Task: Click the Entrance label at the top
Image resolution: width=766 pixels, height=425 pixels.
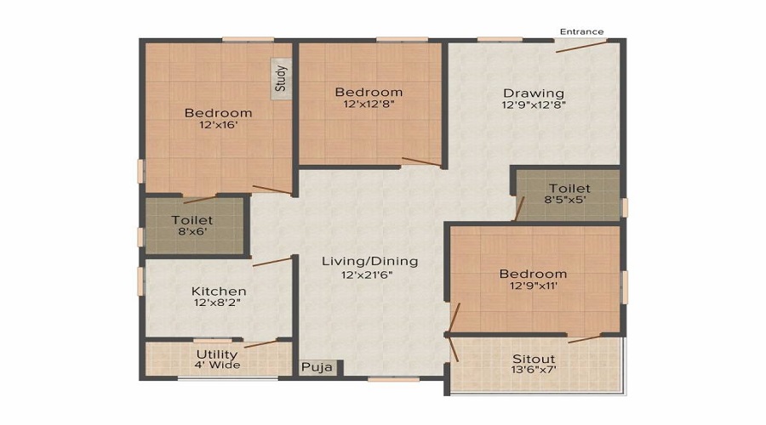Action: tap(581, 31)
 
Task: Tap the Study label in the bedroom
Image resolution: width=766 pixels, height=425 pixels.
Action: tap(281, 79)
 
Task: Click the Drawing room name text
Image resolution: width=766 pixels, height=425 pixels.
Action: tap(533, 93)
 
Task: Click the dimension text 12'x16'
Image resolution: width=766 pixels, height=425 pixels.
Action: tap(218, 126)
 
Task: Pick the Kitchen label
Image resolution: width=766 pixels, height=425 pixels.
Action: tap(218, 290)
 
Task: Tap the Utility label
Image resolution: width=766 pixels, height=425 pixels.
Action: tap(217, 354)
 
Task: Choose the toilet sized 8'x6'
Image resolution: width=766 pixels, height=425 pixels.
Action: tap(191, 225)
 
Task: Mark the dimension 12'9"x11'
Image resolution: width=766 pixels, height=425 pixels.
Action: tap(533, 286)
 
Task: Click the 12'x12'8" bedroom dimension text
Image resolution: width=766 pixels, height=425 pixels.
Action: tap(368, 105)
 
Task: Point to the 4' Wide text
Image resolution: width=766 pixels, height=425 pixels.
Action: tap(217, 365)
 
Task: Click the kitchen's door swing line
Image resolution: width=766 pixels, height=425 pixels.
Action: tap(272, 262)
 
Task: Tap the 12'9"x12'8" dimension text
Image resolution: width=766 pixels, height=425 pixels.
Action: tap(533, 105)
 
